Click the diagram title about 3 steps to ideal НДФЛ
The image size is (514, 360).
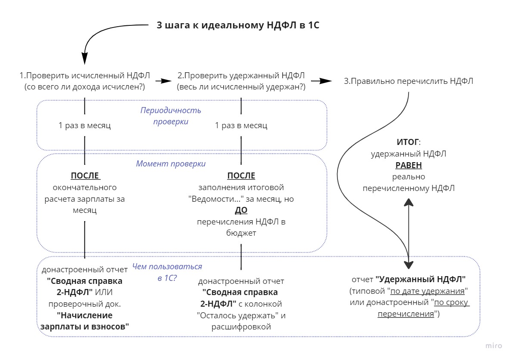(x=238, y=25)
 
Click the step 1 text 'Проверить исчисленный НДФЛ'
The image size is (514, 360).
(x=85, y=76)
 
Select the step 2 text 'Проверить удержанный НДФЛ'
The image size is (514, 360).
(x=241, y=76)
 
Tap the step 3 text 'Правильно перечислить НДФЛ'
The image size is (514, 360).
(x=409, y=81)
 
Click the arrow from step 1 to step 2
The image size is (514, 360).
(x=163, y=81)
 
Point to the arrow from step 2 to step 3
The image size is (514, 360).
(x=321, y=81)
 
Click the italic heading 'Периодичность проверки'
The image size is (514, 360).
(x=170, y=116)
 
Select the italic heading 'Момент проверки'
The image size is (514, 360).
(x=170, y=164)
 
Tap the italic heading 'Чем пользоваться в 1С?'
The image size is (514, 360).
(x=167, y=272)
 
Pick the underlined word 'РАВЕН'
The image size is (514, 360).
(x=409, y=165)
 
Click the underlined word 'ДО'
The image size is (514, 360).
(x=241, y=210)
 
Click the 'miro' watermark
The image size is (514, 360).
(x=494, y=346)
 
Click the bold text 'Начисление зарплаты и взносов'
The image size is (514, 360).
(x=84, y=320)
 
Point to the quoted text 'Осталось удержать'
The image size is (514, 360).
(x=241, y=315)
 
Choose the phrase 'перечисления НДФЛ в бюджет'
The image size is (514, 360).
(x=241, y=228)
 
